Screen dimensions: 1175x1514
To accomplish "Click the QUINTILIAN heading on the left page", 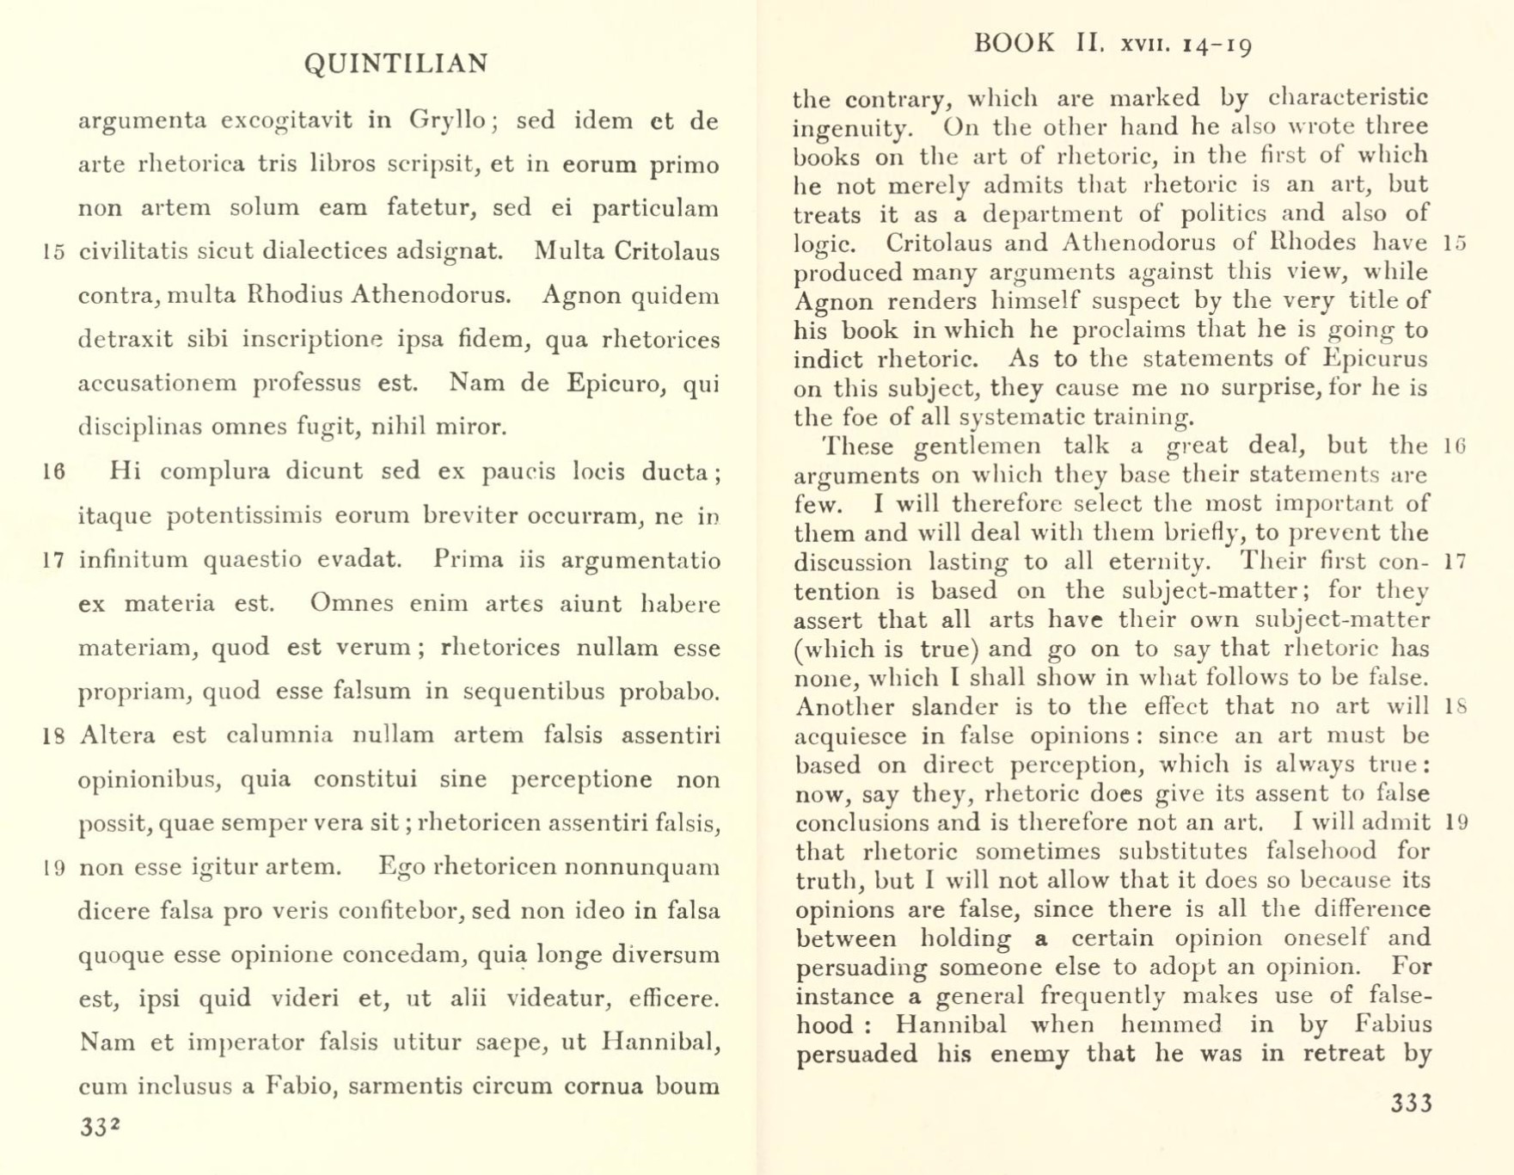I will [396, 64].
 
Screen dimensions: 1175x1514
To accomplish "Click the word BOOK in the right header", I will [1014, 43].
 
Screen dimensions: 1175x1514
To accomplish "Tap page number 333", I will [1411, 1104].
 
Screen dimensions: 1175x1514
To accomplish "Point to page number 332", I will [100, 1127].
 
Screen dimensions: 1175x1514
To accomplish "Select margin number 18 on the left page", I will [54, 736].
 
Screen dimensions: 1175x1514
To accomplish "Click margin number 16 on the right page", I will [1455, 446].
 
